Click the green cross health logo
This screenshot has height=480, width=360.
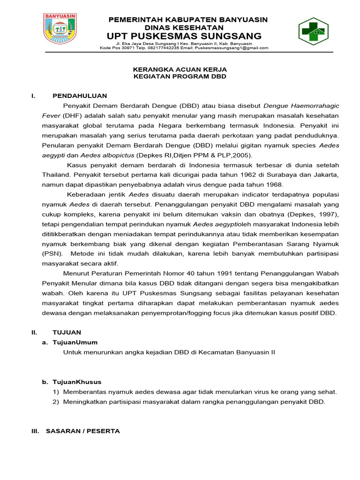(314, 31)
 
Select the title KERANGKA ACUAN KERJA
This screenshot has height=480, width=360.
(180, 68)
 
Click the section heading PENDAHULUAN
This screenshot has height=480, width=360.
(80, 96)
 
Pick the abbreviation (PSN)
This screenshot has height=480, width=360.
(51, 254)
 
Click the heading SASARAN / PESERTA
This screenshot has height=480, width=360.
(82, 431)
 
